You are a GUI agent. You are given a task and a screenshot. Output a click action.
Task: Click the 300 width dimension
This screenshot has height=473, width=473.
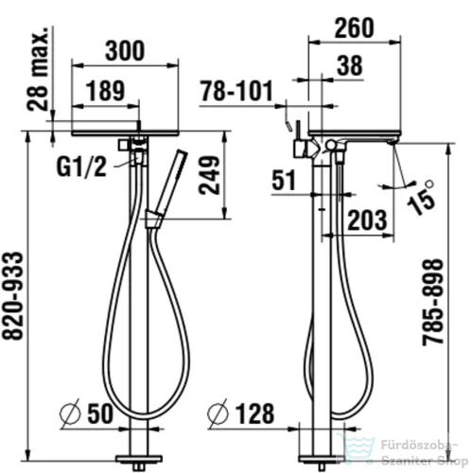coord(125,51)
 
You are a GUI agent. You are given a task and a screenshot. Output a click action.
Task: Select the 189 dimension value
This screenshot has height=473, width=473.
coord(105,91)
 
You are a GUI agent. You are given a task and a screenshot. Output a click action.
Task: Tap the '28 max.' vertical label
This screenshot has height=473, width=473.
coord(38,68)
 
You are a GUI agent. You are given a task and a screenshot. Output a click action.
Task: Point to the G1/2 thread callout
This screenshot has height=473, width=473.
coord(81,166)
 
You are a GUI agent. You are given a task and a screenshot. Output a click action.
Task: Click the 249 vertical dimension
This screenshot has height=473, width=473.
coord(209,175)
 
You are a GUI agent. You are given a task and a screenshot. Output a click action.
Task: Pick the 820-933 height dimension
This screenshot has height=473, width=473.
coord(13,296)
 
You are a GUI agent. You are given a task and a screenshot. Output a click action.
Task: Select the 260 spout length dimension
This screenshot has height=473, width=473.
coord(354,28)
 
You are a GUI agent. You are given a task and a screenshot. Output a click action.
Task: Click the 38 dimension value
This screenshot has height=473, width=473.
coord(350,65)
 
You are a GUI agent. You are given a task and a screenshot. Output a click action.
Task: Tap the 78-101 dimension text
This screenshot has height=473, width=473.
coord(236,91)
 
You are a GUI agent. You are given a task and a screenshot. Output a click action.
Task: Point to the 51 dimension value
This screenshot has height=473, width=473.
coord(284,181)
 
